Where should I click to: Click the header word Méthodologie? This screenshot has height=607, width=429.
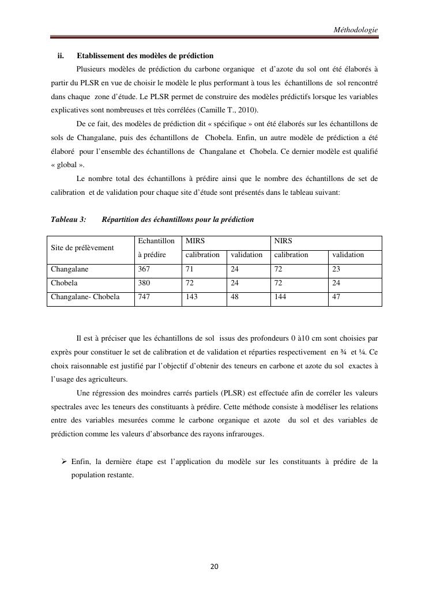pyautogui.click(x=355, y=29)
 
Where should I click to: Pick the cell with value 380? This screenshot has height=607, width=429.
pyautogui.click(x=144, y=283)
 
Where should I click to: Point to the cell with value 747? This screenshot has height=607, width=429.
pyautogui.click(x=144, y=297)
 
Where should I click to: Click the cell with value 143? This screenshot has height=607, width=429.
pyautogui.click(x=190, y=297)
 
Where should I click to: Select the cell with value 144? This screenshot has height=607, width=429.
pyautogui.click(x=280, y=297)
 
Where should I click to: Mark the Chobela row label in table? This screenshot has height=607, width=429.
pyautogui.click(x=65, y=283)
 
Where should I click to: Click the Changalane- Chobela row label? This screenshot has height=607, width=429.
pyautogui.click(x=85, y=297)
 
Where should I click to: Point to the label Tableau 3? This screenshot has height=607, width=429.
pyautogui.click(x=69, y=219)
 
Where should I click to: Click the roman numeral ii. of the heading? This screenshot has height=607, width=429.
pyautogui.click(x=60, y=56)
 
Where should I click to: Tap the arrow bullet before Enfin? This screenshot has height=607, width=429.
pyautogui.click(x=63, y=462)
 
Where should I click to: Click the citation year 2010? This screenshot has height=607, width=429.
pyautogui.click(x=247, y=110)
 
